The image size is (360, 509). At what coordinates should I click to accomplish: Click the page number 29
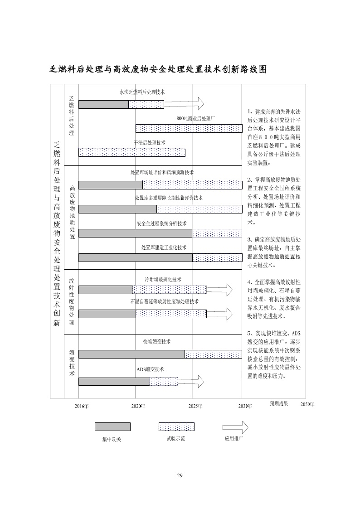(x=180, y=475)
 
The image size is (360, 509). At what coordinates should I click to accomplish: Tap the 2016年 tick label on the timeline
(x=82, y=406)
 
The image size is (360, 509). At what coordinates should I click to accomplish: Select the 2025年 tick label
(x=195, y=406)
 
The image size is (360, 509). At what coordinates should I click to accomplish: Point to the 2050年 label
(x=307, y=404)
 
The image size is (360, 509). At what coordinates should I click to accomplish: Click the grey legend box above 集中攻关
(x=112, y=427)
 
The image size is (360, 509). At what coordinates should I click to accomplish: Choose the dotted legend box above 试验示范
(x=176, y=427)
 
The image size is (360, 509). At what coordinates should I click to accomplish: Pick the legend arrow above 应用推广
(x=235, y=427)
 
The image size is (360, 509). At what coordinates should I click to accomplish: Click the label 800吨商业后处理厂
(x=195, y=118)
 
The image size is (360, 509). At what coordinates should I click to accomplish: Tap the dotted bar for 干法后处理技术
(x=132, y=153)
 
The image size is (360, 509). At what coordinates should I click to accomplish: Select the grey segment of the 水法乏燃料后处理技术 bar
(x=103, y=104)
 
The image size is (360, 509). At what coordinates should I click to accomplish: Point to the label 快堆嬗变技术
(x=157, y=342)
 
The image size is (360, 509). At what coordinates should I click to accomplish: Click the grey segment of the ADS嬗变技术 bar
(x=114, y=381)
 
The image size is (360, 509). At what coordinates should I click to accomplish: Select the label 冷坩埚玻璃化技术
(x=163, y=280)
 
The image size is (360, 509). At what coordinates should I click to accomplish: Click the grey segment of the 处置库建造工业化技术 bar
(x=136, y=257)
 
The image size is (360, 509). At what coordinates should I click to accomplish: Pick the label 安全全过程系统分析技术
(x=161, y=223)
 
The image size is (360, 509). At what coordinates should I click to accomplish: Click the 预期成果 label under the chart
(x=279, y=403)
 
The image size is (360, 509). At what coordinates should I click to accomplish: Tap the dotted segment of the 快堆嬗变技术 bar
(x=213, y=354)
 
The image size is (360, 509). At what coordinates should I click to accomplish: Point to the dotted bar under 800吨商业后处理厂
(x=189, y=128)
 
